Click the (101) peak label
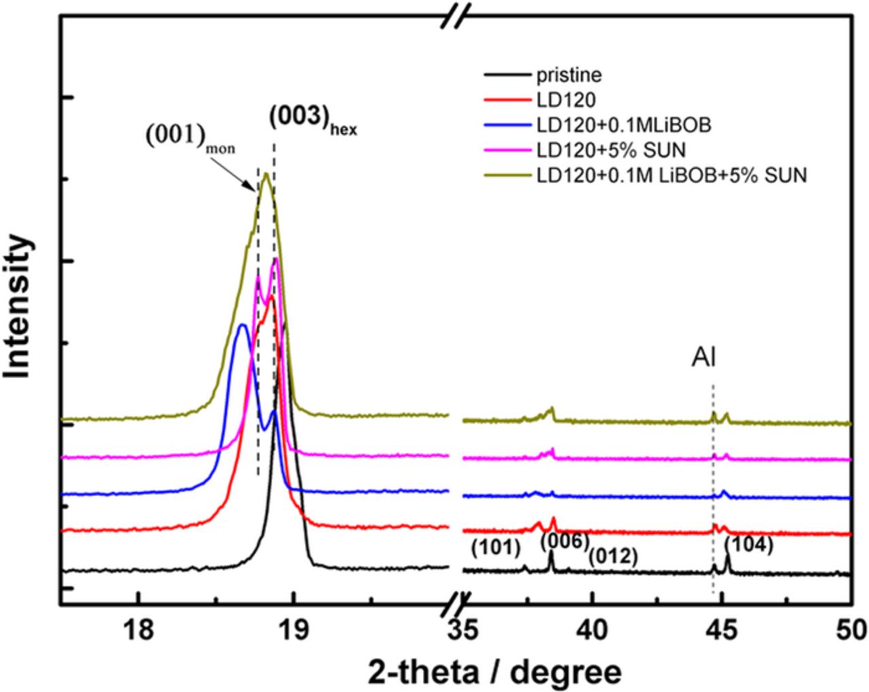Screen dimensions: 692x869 coord(495,548)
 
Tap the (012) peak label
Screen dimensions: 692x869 coord(613,556)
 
